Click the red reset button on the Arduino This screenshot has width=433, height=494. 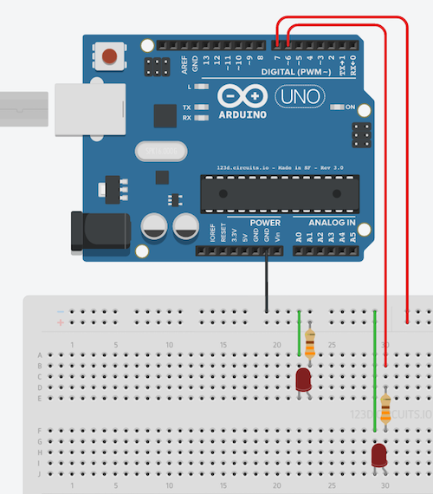click(110, 58)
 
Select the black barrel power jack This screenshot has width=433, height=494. click(100, 231)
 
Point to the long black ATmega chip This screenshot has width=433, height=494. click(279, 193)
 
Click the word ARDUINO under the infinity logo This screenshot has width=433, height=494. click(242, 114)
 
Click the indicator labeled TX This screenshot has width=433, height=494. click(201, 107)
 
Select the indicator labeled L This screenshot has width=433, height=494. click(201, 88)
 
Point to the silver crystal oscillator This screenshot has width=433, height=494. click(161, 152)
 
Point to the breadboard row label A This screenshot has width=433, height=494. click(39, 355)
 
